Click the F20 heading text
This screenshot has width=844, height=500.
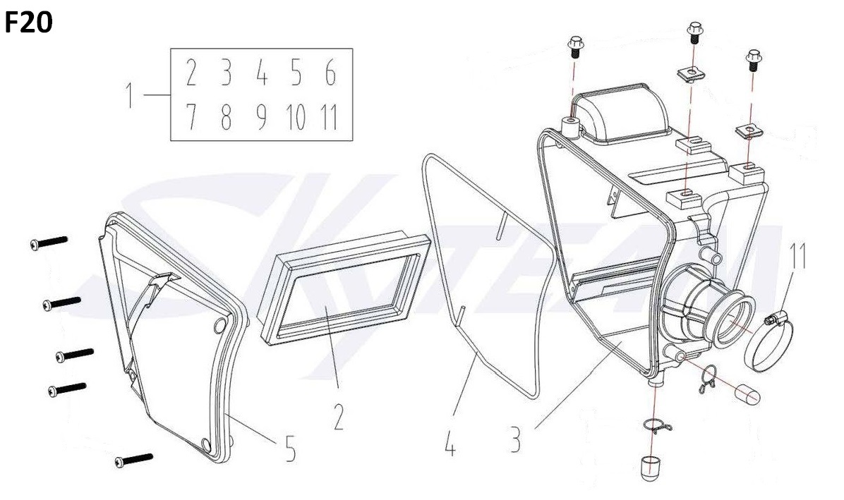click(x=28, y=22)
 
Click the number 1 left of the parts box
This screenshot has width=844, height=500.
click(x=129, y=95)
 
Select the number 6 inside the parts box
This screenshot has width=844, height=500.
click(x=331, y=73)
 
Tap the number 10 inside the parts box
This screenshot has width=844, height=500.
click(x=296, y=117)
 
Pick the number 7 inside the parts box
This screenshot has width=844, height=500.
click(x=191, y=117)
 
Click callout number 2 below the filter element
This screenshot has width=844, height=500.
click(x=339, y=417)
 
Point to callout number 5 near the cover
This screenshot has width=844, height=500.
click(x=290, y=449)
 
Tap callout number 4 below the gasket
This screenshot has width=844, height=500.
click(x=450, y=444)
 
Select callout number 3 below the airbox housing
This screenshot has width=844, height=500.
click(x=516, y=439)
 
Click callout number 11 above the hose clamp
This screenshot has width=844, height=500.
click(x=798, y=256)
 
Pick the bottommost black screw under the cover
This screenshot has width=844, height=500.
click(x=134, y=461)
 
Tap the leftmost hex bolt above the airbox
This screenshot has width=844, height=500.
click(x=575, y=47)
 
